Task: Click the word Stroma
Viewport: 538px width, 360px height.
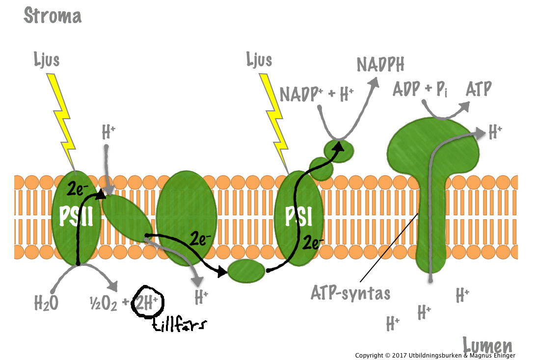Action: (53, 16)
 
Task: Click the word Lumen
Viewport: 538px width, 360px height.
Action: (487, 345)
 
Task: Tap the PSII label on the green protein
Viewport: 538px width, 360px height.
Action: (76, 216)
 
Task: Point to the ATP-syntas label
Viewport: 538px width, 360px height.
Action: (350, 293)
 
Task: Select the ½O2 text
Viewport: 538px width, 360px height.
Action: (104, 304)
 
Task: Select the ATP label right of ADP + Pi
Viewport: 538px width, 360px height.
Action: (478, 89)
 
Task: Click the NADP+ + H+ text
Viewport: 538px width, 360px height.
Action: (317, 93)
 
